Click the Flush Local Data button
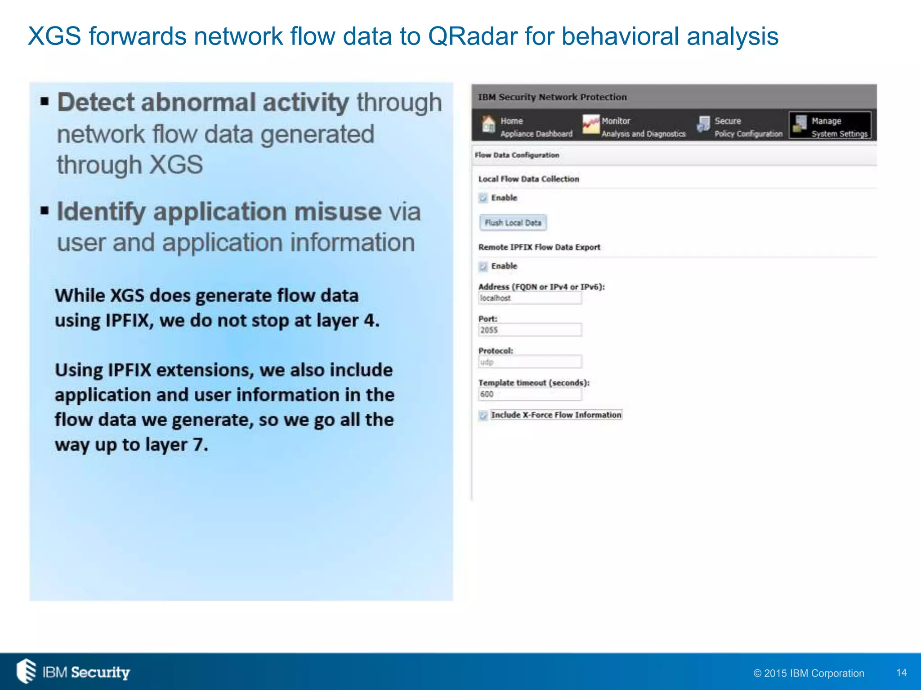coord(513,223)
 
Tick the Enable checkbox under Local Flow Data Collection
coord(483,198)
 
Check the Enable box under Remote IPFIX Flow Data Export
coord(483,266)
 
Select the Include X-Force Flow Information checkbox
coord(483,416)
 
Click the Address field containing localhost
coord(530,298)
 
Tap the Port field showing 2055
coord(530,330)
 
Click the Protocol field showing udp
coord(530,362)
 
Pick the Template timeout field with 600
coord(530,394)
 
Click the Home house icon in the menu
coord(488,124)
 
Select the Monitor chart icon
coord(590,124)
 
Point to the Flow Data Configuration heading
coord(517,155)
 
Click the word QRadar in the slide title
coord(473,36)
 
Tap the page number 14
coord(901,672)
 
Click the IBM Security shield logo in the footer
coord(26,671)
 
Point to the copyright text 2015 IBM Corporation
coord(809,673)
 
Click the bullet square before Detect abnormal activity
coord(44,101)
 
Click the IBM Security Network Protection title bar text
coord(552,97)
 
